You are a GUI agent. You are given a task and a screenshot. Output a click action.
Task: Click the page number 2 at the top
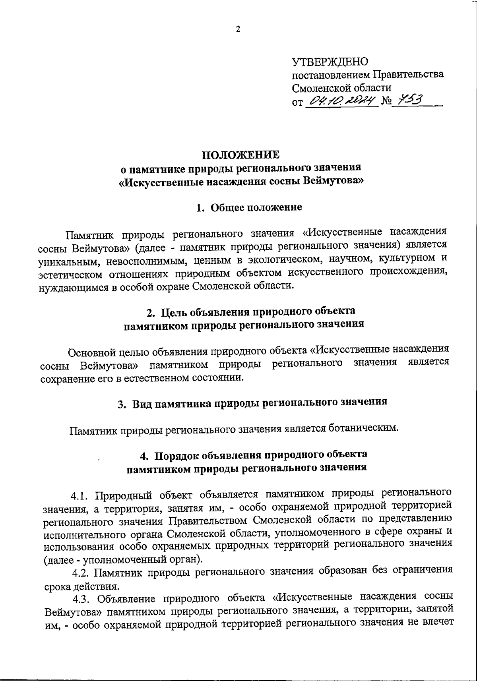coord(238,29)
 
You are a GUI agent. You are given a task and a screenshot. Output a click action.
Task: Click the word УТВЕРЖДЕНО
coord(330,62)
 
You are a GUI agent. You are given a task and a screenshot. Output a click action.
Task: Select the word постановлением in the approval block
coord(331,75)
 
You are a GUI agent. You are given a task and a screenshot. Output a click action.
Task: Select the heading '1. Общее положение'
coord(249,207)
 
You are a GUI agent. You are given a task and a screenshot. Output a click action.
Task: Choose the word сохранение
coord(71,377)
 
